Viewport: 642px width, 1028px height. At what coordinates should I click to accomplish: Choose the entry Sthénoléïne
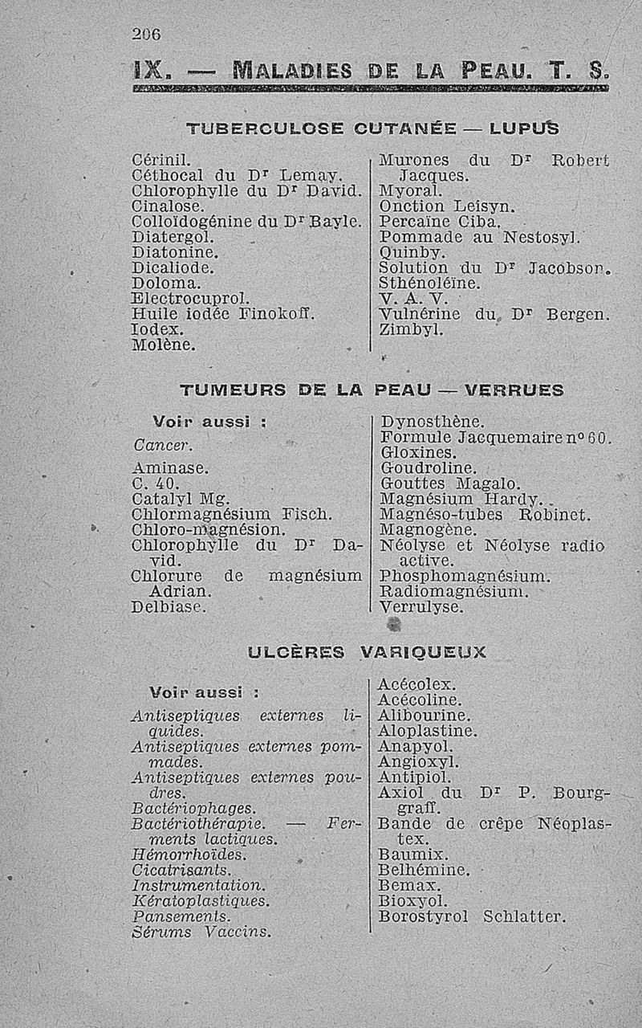pyautogui.click(x=429, y=284)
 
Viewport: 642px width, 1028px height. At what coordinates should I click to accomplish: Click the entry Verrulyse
pyautogui.click(x=421, y=607)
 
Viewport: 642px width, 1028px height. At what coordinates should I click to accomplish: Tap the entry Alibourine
pyautogui.click(x=425, y=716)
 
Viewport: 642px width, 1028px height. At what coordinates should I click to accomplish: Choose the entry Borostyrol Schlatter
pyautogui.click(x=472, y=916)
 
